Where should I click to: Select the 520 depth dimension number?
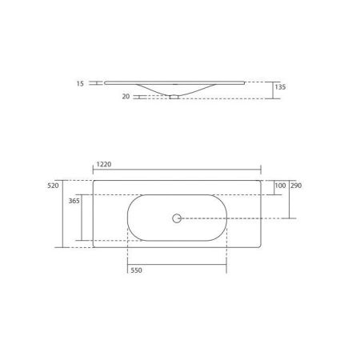tap(54, 185)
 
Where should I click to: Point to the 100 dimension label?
tap(279, 186)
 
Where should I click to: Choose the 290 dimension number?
tap(295, 186)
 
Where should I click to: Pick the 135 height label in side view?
tap(281, 86)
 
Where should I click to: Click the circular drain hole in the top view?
tap(176, 217)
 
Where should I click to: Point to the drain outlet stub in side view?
tap(174, 97)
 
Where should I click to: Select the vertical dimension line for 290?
tap(289, 200)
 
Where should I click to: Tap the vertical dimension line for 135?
tap(274, 89)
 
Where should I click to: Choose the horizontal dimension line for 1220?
tap(177, 170)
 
